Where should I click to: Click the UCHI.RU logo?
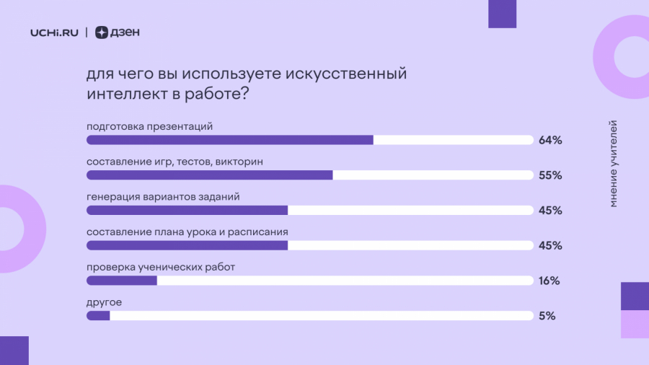54,32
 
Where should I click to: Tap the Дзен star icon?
102,32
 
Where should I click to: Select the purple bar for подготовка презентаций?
230,140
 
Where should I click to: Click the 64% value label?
550,140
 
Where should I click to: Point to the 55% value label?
550,175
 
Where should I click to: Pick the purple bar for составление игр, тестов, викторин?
209,175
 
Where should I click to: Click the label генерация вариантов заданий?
163,197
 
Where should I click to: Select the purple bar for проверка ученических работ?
122,281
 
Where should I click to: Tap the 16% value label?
549,281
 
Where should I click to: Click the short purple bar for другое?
98,316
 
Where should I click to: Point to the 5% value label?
547,316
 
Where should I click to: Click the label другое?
105,302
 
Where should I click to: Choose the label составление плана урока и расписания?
187,232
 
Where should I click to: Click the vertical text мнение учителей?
613,164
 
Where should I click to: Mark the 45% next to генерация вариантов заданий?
550,211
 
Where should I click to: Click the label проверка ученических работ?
161,268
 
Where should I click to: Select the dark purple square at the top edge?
502,14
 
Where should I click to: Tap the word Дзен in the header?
125,32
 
